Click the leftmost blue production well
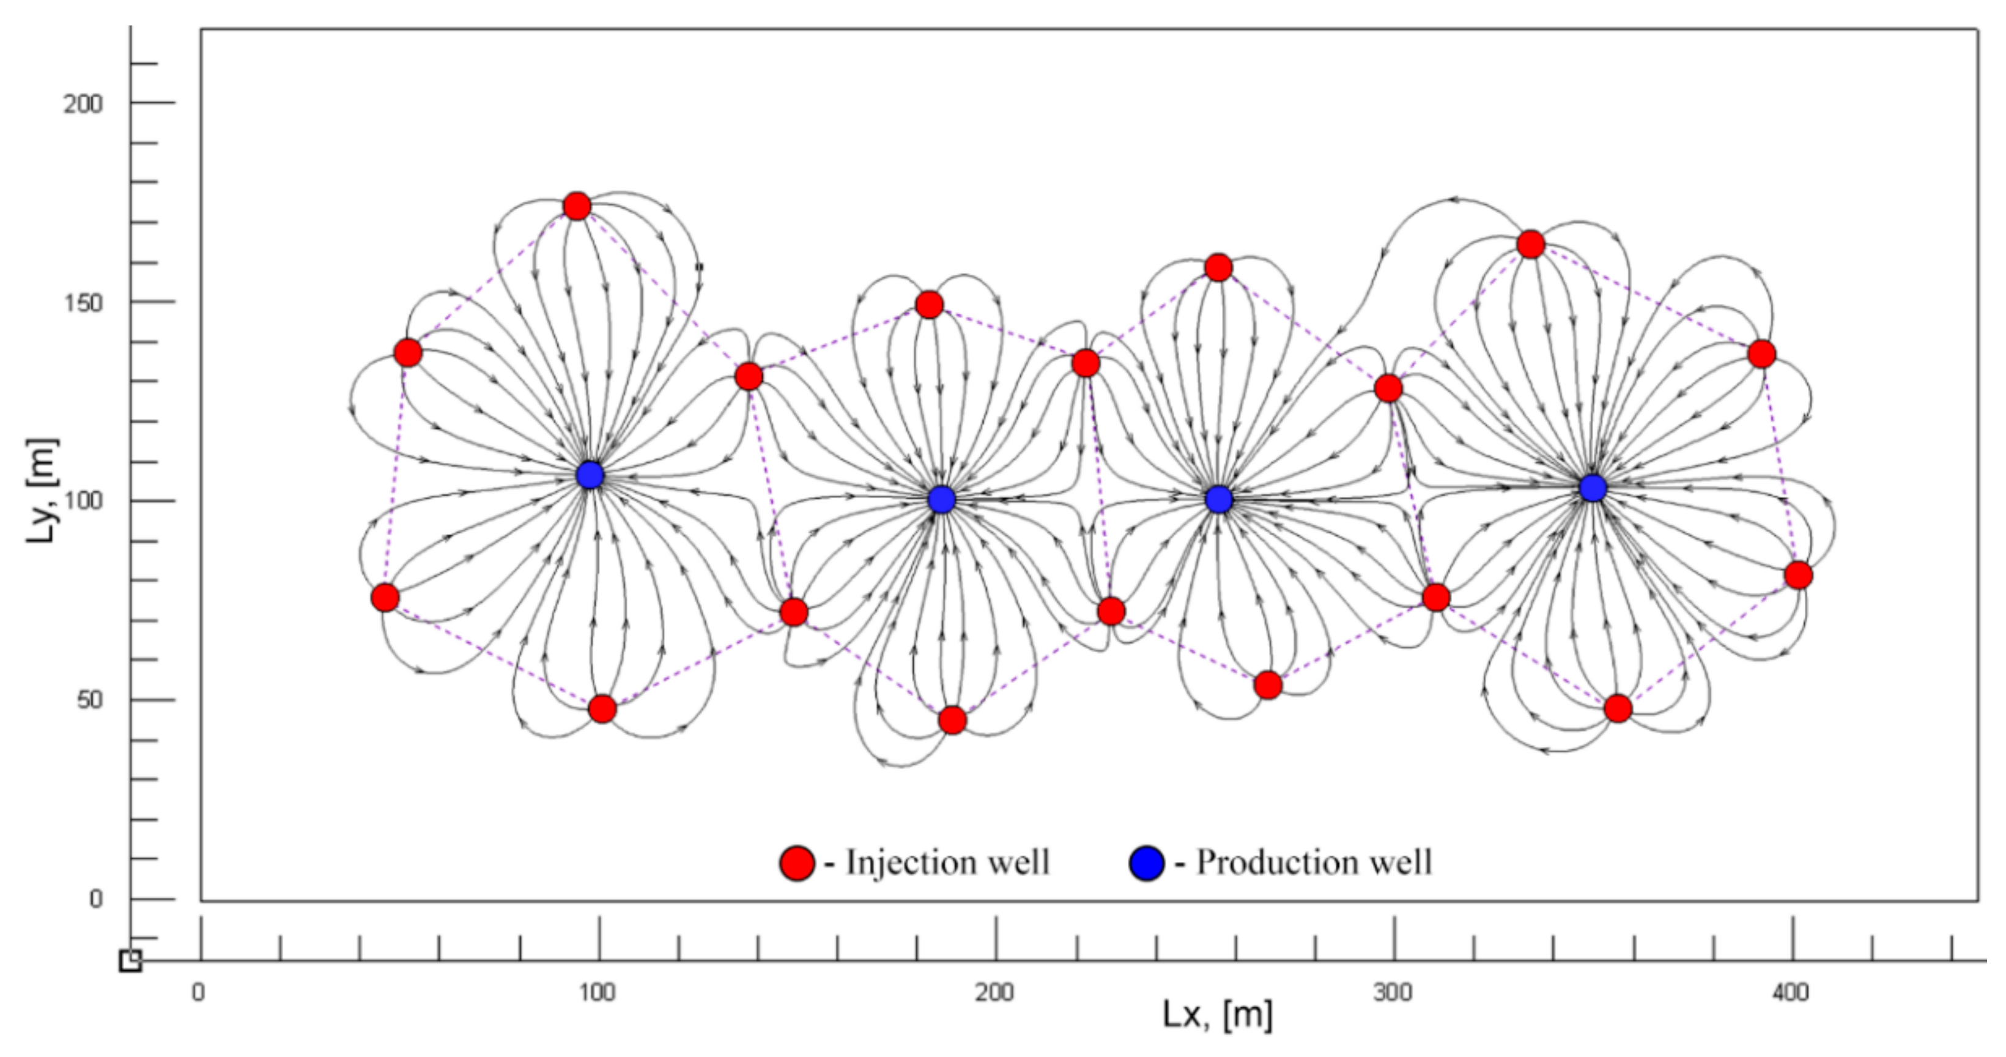pyautogui.click(x=590, y=475)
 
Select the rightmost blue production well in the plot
pyautogui.click(x=1593, y=488)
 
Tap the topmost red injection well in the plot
pyautogui.click(x=577, y=206)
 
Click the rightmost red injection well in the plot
pyautogui.click(x=1798, y=576)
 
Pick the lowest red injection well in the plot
pyautogui.click(x=952, y=721)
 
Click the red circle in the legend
pyautogui.click(x=798, y=863)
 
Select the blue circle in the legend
pyautogui.click(x=1146, y=863)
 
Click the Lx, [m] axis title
pyautogui.click(x=1218, y=1015)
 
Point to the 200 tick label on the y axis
pyautogui.click(x=83, y=103)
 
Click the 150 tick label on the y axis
pyautogui.click(x=83, y=303)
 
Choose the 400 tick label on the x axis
pyautogui.click(x=1790, y=993)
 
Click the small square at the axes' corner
pyautogui.click(x=130, y=960)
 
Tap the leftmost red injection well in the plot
pyautogui.click(x=385, y=598)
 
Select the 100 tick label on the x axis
pyautogui.click(x=598, y=993)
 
